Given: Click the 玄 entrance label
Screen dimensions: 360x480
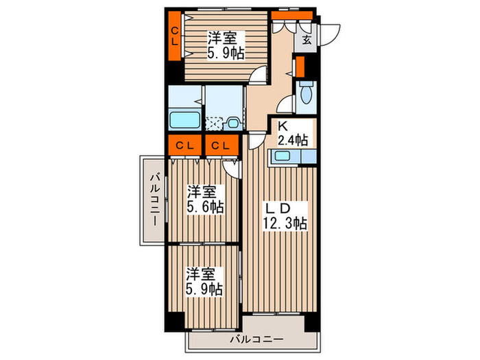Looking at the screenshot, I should point(307,40).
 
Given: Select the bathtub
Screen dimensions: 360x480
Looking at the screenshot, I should point(184,120).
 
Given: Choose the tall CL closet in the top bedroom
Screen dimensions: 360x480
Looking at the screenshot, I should point(176,36).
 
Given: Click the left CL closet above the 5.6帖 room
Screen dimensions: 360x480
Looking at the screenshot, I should point(183,145).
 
